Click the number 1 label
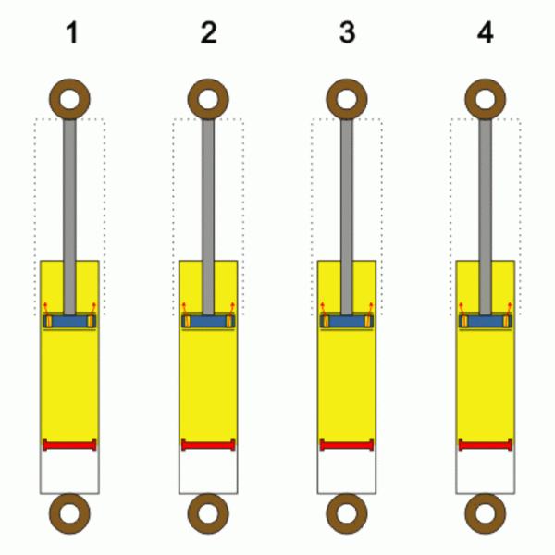[72, 33]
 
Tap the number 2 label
[208, 33]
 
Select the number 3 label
[347, 33]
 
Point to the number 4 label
[486, 33]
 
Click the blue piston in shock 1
[69, 321]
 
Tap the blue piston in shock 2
[208, 321]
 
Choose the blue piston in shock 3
[347, 321]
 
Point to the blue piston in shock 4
[486, 321]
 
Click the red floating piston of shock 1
[69, 445]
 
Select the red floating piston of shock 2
[208, 445]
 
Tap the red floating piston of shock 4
[486, 445]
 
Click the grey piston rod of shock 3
[347, 216]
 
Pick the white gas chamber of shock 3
[347, 472]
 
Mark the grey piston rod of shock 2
[208, 216]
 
